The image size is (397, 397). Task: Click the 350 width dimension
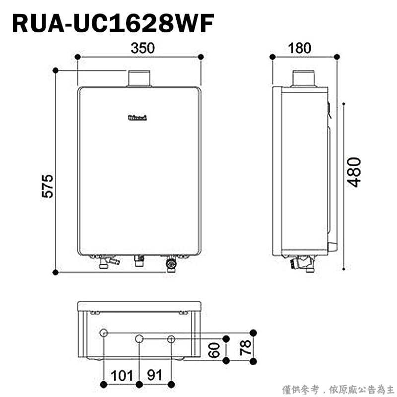point(143,48)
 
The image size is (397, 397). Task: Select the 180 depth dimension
point(299,48)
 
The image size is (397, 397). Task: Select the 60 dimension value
point(214,349)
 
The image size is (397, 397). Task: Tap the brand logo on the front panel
point(138,118)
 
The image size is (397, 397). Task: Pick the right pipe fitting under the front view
point(171,264)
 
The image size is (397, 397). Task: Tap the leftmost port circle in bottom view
point(103,332)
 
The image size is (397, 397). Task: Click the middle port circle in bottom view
point(139,339)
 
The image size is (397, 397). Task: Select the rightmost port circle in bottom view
point(171,339)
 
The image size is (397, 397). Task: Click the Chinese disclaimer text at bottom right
point(338,389)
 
